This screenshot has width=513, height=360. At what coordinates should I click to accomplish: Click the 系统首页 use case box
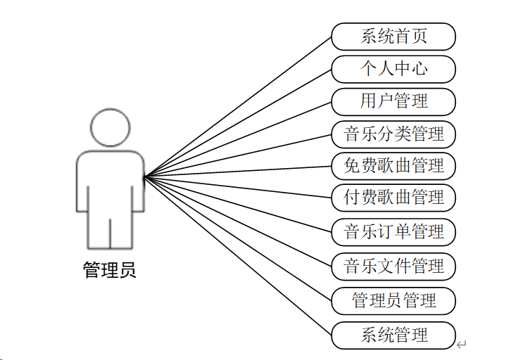pos(393,36)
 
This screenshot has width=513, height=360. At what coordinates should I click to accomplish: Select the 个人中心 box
pos(393,69)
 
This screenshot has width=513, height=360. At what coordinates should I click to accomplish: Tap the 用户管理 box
pos(393,101)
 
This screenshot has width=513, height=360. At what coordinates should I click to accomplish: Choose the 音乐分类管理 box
pos(393,134)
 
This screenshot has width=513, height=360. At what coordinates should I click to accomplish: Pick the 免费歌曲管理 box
pos(393,166)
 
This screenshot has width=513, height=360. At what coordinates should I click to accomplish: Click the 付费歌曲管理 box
pos(393,198)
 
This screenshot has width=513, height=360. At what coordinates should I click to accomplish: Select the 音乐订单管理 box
pos(393,231)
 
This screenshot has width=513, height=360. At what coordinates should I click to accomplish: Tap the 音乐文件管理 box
pos(393,266)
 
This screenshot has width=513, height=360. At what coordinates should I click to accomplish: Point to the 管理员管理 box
pos(393,301)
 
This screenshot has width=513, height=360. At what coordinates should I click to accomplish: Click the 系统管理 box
pos(393,335)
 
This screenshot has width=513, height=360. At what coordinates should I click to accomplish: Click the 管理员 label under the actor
pos(110,270)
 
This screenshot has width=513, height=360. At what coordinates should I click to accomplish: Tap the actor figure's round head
pos(110,127)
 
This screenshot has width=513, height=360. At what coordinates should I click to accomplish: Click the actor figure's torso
pos(110,179)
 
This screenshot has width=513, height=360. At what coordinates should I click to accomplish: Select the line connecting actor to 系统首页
pos(238,106)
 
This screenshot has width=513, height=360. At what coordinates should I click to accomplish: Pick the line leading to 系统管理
pos(238,254)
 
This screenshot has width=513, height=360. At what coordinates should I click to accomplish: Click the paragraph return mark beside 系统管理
pos(462,345)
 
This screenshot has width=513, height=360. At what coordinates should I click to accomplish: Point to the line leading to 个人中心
pos(238,122)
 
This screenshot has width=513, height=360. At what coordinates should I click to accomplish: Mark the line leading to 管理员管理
pos(238,238)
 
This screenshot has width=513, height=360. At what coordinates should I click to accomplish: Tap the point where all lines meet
pos(144,177)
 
